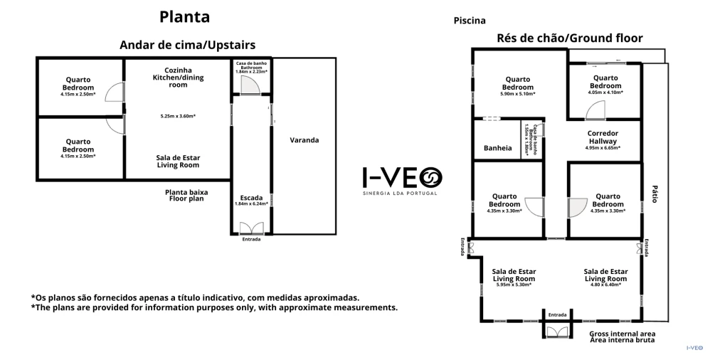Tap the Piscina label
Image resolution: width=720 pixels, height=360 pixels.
(470, 21)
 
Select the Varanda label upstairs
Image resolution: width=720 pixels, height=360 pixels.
(304, 140)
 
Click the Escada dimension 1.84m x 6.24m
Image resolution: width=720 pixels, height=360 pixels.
(251, 204)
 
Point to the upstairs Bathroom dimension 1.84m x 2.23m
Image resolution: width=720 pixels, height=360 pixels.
(250, 71)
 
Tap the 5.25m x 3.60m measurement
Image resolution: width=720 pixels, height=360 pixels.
(178, 116)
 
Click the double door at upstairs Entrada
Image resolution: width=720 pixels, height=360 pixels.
(250, 228)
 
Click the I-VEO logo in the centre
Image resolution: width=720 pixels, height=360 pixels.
(402, 176)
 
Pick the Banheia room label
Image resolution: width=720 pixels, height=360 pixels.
(497, 148)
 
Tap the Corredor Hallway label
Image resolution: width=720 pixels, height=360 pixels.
(603, 137)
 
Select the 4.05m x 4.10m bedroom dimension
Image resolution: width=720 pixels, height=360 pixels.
(605, 92)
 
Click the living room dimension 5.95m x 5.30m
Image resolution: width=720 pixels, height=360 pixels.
(514, 285)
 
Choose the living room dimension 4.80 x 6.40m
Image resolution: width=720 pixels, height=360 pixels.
(605, 285)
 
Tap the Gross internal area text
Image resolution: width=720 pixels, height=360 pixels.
(623, 333)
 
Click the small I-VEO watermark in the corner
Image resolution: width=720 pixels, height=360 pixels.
(694, 348)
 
